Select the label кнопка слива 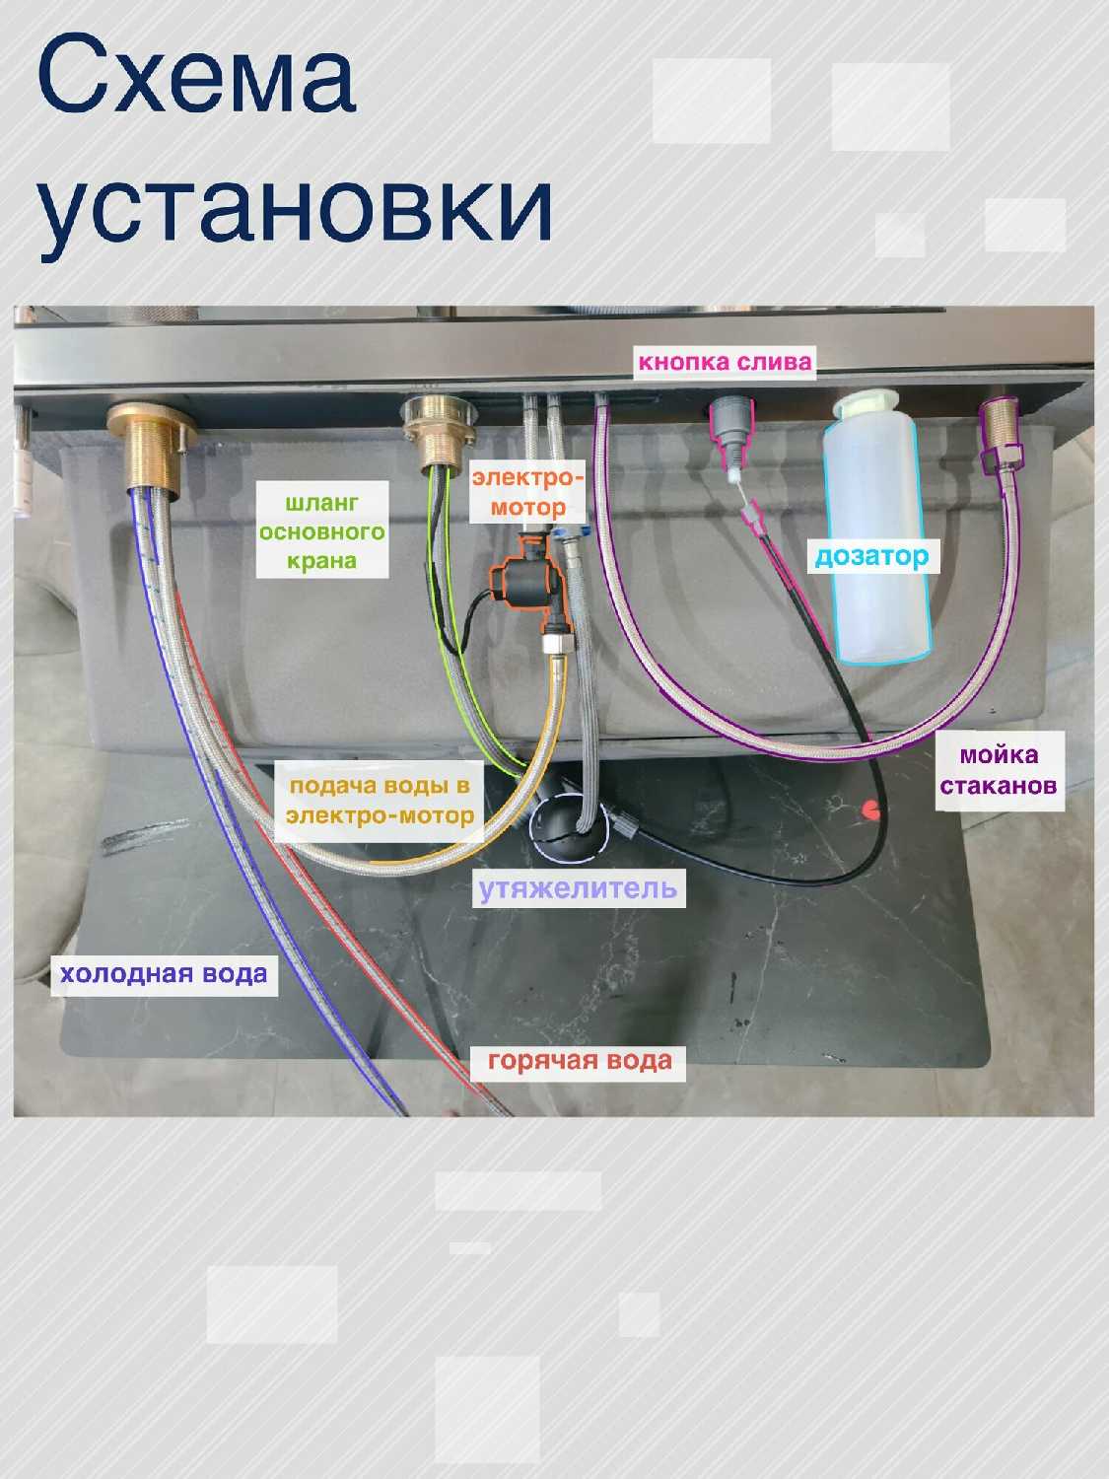(x=725, y=362)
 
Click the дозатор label (x=871, y=556)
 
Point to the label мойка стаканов (x=999, y=770)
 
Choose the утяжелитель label (x=578, y=888)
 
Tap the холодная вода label (x=164, y=974)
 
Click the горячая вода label (x=580, y=1061)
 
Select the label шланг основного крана (x=321, y=532)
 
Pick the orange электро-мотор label (x=526, y=492)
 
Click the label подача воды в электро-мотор (x=381, y=800)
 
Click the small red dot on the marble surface (x=870, y=810)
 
